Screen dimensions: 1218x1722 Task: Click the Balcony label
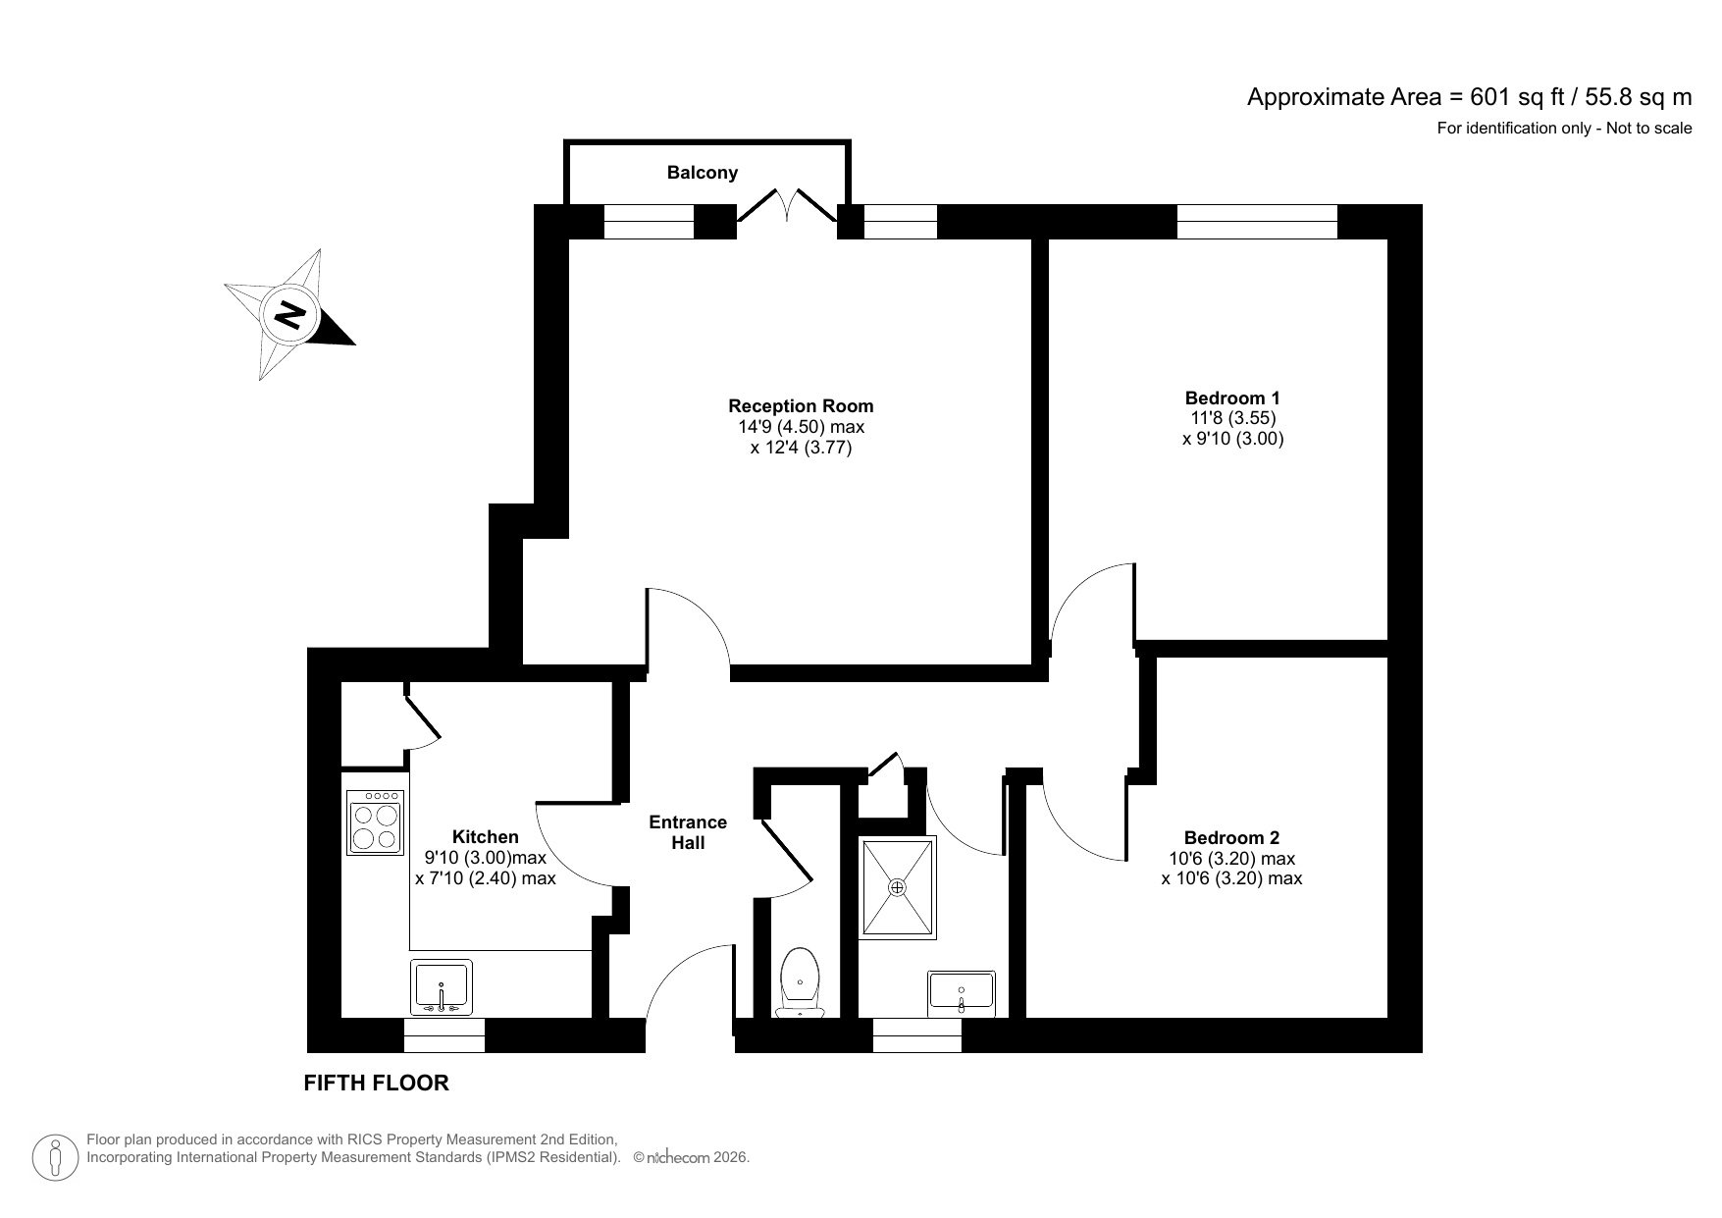click(702, 173)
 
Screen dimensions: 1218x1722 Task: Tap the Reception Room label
click(801, 406)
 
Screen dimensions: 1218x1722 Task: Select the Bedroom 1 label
click(1232, 398)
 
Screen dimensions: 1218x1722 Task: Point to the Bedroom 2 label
click(1231, 838)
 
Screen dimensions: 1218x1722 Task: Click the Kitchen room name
click(485, 837)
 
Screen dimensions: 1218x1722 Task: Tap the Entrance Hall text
click(688, 832)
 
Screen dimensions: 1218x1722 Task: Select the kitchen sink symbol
click(442, 986)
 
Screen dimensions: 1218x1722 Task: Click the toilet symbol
click(801, 981)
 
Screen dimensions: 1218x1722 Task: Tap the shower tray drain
click(897, 887)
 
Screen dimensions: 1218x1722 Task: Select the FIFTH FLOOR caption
click(376, 1083)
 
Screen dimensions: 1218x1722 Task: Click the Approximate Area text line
click(1469, 97)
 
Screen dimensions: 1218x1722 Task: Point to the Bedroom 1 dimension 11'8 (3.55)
click(1232, 418)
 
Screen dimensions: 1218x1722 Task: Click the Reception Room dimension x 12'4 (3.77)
click(801, 449)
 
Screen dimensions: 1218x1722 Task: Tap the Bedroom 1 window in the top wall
click(1257, 222)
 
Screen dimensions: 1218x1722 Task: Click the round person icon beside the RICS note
click(57, 1157)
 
